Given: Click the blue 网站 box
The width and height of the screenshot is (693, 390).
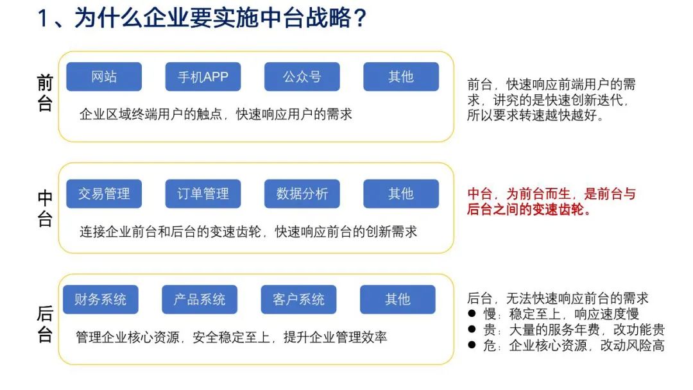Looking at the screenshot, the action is [x=104, y=77].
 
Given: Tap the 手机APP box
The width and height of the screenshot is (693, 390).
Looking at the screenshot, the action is [x=203, y=77].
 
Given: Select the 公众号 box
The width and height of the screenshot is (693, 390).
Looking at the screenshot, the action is [x=302, y=77].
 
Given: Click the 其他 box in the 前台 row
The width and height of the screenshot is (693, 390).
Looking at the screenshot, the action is [x=401, y=77].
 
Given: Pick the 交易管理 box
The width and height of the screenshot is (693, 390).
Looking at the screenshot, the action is [x=104, y=194].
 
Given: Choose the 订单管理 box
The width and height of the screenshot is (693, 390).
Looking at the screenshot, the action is [x=203, y=194].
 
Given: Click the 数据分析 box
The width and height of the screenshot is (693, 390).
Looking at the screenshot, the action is [x=302, y=194].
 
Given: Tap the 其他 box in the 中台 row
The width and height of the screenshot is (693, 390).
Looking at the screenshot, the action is [x=401, y=194].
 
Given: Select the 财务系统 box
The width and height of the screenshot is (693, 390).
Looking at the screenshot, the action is [x=100, y=300].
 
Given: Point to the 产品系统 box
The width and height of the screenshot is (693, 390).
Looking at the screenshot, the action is [x=200, y=300].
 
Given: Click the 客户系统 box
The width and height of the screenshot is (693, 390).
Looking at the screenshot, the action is [x=298, y=300].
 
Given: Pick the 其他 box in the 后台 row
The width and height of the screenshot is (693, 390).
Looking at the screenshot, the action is [x=397, y=300].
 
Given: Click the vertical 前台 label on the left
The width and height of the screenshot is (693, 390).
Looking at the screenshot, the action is [x=45, y=93].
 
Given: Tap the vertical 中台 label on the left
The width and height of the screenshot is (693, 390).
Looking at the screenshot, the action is [x=45, y=208].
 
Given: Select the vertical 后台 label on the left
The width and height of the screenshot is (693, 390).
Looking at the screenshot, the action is [x=45, y=324].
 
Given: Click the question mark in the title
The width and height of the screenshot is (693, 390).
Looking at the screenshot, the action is [x=360, y=19].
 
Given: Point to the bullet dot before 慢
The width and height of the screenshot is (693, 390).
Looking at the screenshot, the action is [x=472, y=314].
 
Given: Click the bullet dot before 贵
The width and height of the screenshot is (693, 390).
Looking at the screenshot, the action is [x=472, y=329].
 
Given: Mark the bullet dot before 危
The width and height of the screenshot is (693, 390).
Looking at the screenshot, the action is [x=472, y=345].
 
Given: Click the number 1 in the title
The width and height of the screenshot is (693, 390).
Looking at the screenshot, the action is [x=43, y=19].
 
